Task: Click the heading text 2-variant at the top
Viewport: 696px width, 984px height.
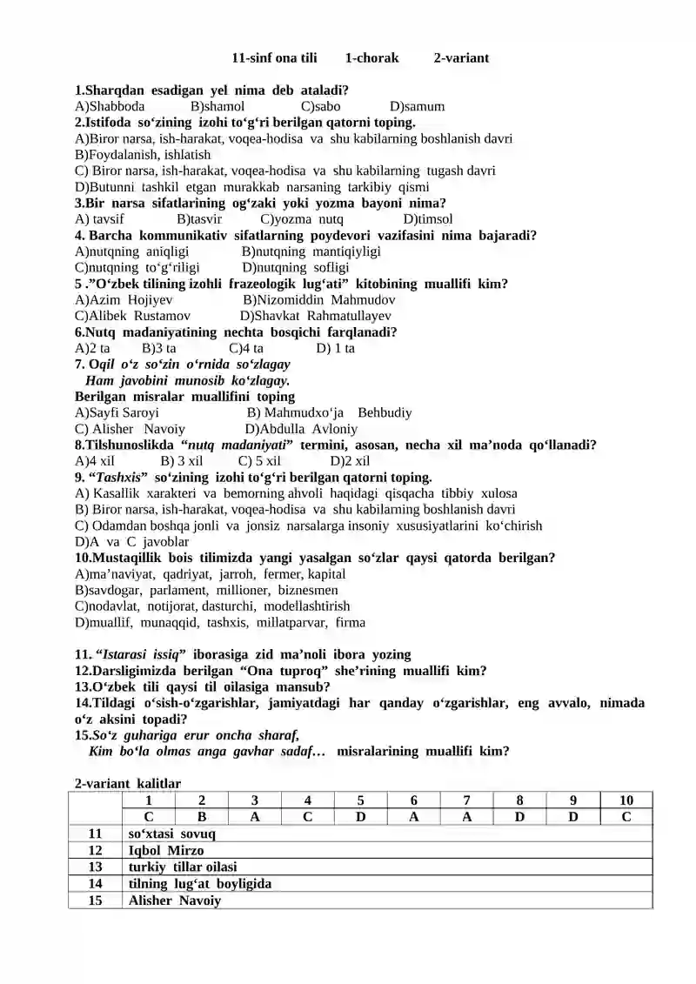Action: (x=460, y=58)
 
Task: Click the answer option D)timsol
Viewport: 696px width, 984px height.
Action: (x=428, y=219)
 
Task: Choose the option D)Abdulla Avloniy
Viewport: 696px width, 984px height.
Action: (x=301, y=429)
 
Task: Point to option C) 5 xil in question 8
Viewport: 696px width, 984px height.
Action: (x=259, y=461)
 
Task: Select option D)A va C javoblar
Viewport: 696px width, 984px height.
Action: (x=131, y=541)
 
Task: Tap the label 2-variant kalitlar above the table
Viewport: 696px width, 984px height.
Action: (x=128, y=784)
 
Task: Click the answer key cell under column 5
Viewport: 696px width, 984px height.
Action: (x=360, y=817)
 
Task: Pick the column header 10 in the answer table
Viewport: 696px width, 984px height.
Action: (x=626, y=800)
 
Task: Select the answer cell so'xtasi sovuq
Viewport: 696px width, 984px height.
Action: (x=171, y=833)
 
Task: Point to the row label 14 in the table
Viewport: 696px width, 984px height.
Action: (x=96, y=884)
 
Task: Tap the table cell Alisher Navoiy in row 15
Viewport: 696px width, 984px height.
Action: (x=174, y=900)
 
